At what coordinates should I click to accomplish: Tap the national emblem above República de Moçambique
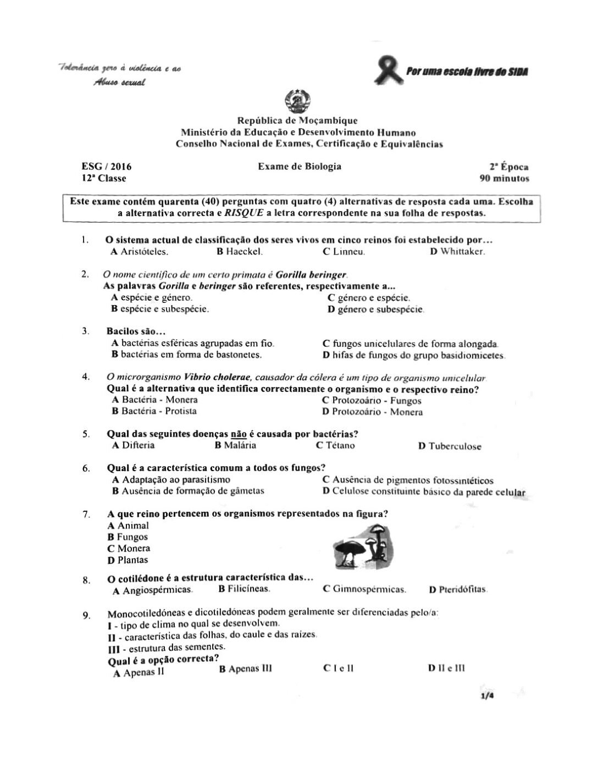coord(299,103)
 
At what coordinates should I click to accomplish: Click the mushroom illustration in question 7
coord(366,546)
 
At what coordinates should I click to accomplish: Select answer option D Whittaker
coord(457,252)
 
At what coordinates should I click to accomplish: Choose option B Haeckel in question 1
coord(240,252)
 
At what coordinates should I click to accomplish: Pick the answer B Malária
coord(236,445)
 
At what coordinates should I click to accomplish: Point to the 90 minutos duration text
coord(504,179)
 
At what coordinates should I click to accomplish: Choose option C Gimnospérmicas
coord(365,589)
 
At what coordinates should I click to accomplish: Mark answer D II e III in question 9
coord(446,668)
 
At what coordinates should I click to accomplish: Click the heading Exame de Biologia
coord(300,167)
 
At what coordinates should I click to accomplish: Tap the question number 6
coord(86,468)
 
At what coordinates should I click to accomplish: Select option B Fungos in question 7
coord(128,537)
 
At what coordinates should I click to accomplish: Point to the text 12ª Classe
coord(103,179)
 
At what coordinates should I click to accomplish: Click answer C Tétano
coord(335,445)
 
